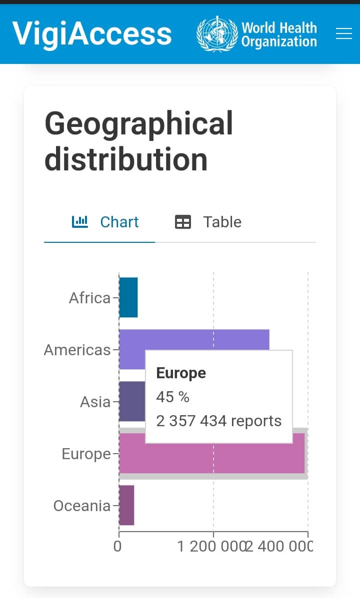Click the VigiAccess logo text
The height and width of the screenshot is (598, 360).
[92, 33]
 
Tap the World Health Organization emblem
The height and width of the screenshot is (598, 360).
[216, 33]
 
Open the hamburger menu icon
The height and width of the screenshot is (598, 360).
[344, 33]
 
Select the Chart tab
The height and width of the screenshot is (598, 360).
[105, 222]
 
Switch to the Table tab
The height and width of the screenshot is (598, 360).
[208, 222]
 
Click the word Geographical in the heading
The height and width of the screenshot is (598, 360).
[139, 123]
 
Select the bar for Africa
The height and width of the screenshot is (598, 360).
[128, 298]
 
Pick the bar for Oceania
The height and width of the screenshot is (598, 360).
[126, 505]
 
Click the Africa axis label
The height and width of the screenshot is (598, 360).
[89, 298]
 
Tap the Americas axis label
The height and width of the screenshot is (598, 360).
[77, 350]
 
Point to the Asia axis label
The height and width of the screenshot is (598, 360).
[95, 402]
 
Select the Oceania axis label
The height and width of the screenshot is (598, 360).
[81, 506]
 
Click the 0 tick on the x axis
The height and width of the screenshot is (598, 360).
[118, 546]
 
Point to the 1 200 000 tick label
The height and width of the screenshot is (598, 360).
[210, 546]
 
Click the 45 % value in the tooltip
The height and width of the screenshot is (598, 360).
[172, 397]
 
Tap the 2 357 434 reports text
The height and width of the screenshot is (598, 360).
[218, 421]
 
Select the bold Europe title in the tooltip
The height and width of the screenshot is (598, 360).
[181, 373]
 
